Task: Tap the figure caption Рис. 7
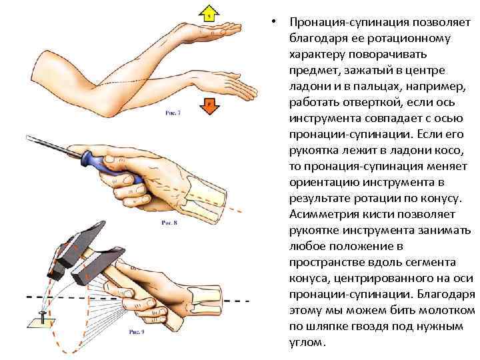coord(173,114)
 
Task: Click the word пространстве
coord(329,262)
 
